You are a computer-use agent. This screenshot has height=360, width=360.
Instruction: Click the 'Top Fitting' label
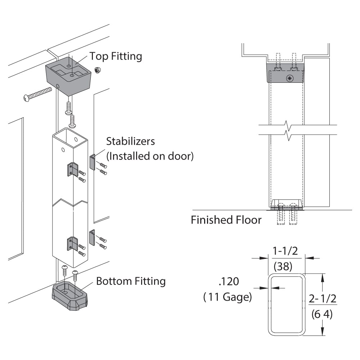point(116,57)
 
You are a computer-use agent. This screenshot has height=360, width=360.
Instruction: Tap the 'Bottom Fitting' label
point(131,281)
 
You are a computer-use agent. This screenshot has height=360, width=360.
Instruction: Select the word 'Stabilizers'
point(131,141)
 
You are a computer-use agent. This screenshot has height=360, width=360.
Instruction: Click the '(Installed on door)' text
point(150,156)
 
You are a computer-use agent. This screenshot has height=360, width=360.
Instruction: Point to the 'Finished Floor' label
point(226,220)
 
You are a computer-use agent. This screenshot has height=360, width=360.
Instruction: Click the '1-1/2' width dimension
point(285,251)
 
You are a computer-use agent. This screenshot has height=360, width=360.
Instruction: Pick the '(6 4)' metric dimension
point(322,314)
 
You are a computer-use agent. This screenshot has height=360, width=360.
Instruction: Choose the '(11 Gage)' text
point(227,297)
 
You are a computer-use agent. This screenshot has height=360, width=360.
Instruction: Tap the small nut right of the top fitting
point(97,69)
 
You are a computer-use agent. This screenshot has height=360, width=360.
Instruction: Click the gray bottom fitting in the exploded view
point(70,296)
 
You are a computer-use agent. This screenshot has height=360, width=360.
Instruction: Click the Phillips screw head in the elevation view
point(290,78)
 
